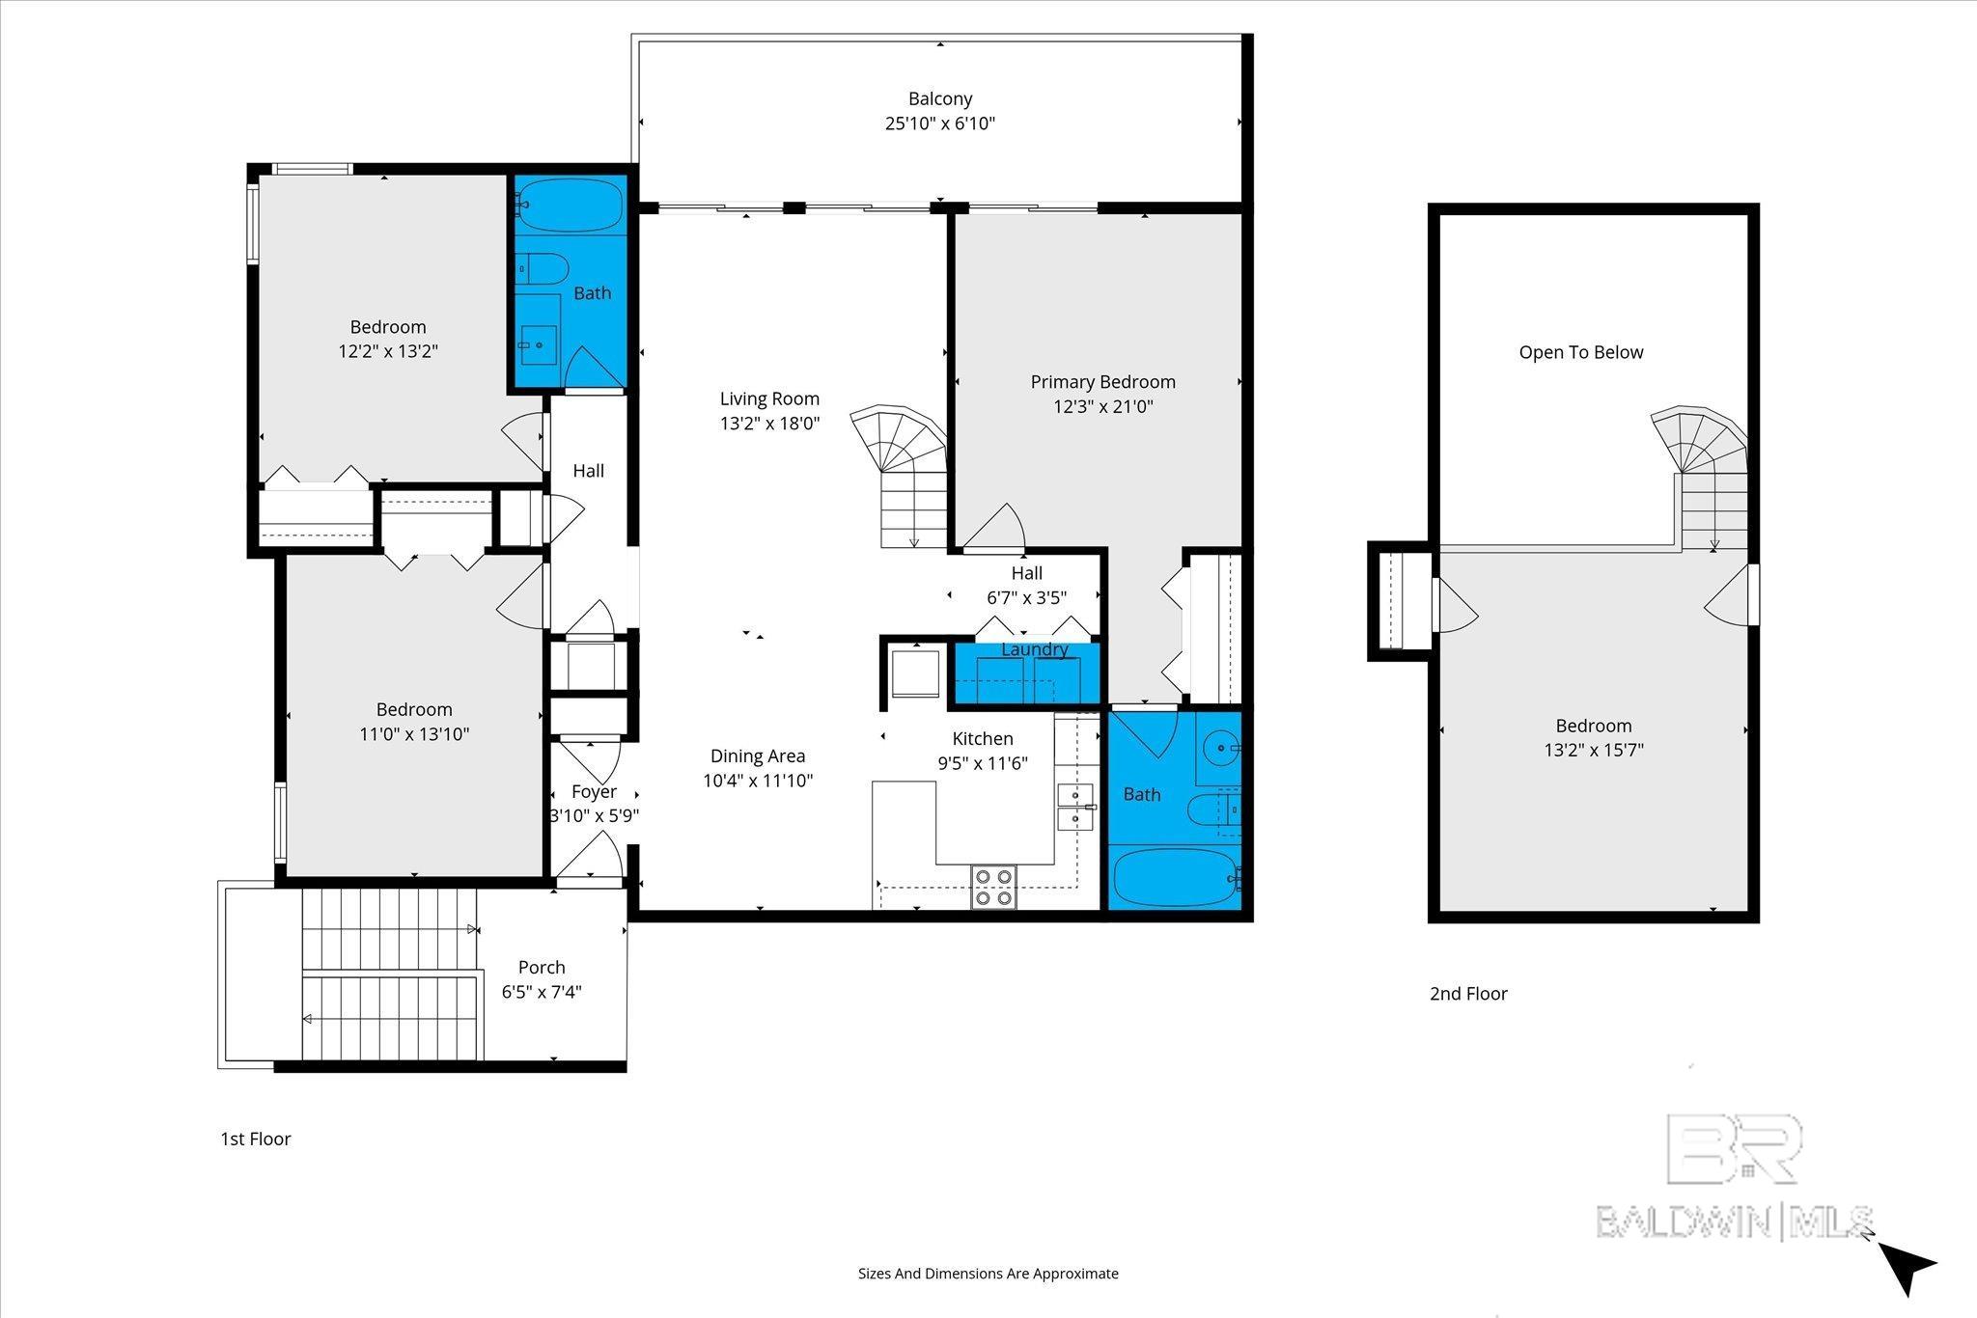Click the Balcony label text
point(939,98)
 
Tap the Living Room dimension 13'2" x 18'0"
point(769,423)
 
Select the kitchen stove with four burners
point(993,887)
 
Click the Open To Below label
point(1580,352)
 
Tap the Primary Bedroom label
point(1102,382)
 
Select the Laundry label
point(1034,649)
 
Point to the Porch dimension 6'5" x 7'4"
point(542,992)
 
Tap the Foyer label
point(594,791)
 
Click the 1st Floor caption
point(256,1139)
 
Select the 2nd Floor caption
point(1467,993)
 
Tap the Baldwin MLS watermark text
point(1734,1221)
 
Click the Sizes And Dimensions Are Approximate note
point(988,1274)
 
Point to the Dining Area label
point(758,756)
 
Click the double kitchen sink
point(1074,808)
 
